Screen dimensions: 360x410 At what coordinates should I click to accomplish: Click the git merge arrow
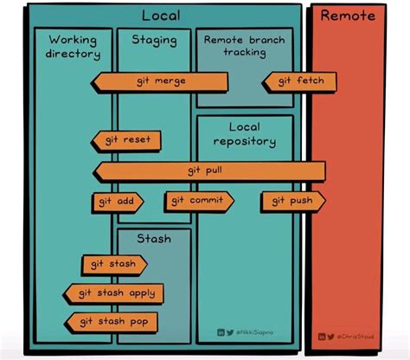point(160,82)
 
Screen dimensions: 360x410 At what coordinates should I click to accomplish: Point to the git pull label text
point(205,170)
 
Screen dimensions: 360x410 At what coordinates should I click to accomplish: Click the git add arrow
point(116,202)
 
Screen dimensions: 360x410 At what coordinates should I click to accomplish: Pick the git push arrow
point(293,202)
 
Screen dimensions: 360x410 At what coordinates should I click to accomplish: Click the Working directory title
point(74,47)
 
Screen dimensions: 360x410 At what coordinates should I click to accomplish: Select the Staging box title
point(154,40)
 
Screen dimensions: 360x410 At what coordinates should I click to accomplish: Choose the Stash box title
point(153,239)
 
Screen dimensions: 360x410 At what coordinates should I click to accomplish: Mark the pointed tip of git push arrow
point(324,202)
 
